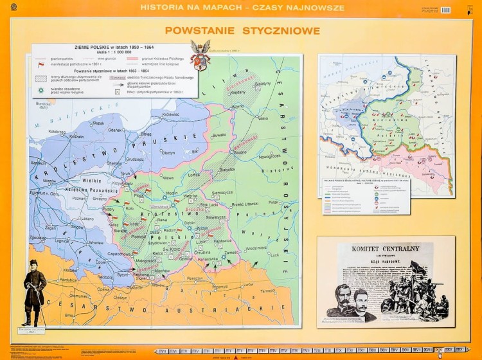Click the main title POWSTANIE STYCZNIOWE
coord(242,30)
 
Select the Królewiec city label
coord(170,114)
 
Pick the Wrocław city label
coord(96,242)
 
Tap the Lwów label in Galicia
coord(248,283)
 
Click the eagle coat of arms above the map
coord(200,55)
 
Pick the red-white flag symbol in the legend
coord(41,64)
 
